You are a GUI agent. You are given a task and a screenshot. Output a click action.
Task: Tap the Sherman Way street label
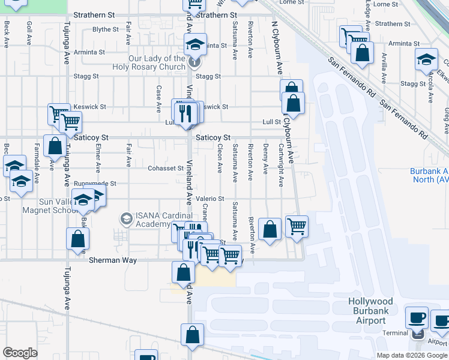(x=113, y=261)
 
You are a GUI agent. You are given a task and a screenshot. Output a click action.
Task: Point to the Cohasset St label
(x=165, y=168)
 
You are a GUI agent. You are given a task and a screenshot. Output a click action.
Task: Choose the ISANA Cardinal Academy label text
(x=160, y=220)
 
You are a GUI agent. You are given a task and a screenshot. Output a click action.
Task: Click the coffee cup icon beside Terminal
(x=418, y=317)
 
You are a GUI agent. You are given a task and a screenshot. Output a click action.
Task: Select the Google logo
(x=20, y=353)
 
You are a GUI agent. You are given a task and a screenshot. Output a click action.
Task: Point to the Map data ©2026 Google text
(x=412, y=355)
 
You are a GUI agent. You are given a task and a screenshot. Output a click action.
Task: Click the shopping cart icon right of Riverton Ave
(x=297, y=227)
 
